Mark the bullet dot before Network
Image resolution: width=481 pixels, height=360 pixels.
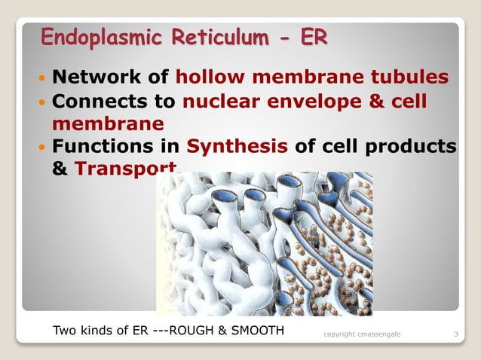[42, 78]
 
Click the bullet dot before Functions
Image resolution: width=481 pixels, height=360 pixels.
[42, 147]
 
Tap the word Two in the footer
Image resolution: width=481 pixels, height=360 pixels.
[64, 330]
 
